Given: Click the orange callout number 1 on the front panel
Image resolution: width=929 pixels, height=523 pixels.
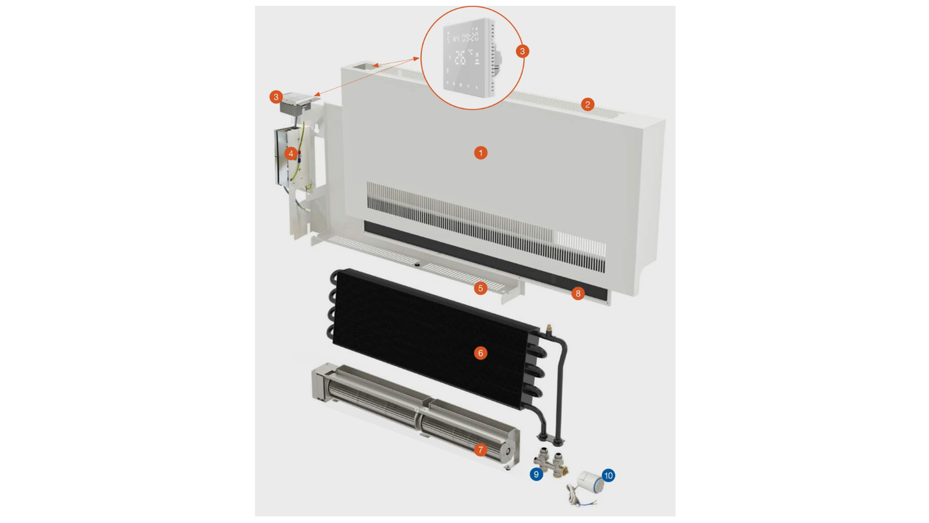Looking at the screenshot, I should (x=480, y=153).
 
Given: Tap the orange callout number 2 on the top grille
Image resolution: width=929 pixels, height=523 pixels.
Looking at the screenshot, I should (x=587, y=104).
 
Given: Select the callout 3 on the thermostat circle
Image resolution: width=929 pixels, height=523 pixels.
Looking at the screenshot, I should (x=523, y=51).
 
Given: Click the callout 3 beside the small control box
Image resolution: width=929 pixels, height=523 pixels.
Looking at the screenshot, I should (x=276, y=97).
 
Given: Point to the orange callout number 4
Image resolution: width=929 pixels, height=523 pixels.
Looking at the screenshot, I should (x=291, y=153).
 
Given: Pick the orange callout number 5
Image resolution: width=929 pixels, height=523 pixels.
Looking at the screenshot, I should (x=480, y=288).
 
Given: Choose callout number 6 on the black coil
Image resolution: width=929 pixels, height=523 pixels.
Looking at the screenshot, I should (x=480, y=353).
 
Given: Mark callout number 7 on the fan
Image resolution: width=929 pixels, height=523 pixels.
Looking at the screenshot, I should (x=480, y=449).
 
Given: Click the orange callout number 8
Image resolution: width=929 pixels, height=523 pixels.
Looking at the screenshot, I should (x=577, y=294).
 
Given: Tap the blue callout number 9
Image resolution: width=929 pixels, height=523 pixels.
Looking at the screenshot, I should (x=535, y=475).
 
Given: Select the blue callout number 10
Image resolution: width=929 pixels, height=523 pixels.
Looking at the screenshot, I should (x=608, y=476).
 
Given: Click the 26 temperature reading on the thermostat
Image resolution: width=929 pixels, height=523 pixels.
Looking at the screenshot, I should (x=460, y=57).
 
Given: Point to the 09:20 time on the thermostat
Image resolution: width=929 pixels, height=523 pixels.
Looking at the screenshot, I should (x=469, y=37).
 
